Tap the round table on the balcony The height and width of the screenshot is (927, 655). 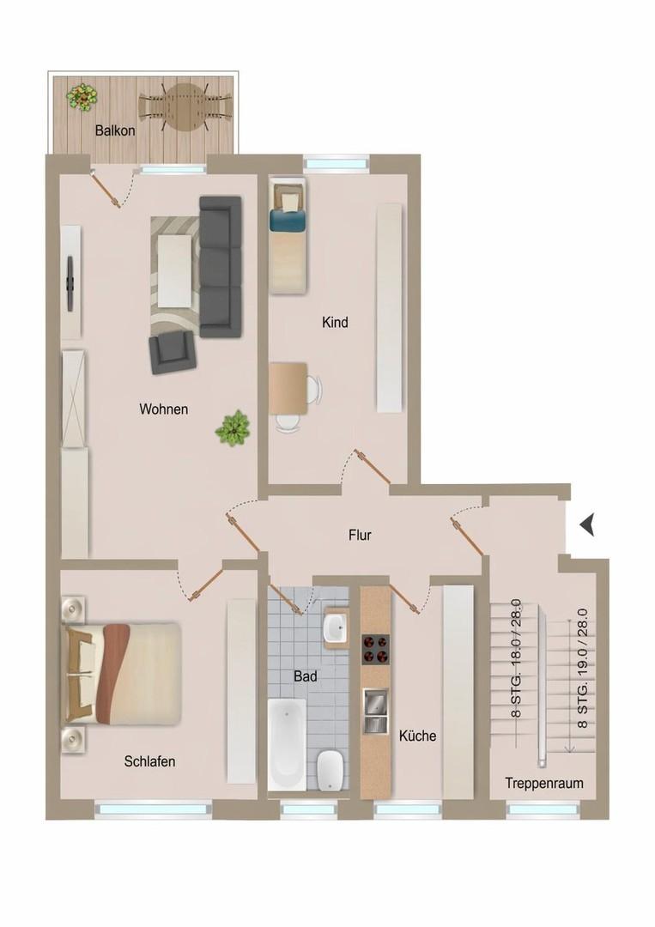[186, 106]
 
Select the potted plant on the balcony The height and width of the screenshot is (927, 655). [82, 96]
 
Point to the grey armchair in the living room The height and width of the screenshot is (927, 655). [172, 352]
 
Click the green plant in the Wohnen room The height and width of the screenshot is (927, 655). [233, 427]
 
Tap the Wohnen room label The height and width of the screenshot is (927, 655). [163, 409]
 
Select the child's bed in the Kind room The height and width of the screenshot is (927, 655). [288, 233]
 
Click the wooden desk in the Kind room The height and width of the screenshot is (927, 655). [288, 385]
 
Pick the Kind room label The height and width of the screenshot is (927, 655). [335, 324]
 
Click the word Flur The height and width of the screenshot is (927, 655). [360, 536]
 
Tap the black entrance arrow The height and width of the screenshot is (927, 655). [587, 524]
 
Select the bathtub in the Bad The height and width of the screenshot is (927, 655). [287, 743]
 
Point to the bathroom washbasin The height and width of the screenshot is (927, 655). [335, 629]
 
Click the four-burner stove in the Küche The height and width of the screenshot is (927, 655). [375, 650]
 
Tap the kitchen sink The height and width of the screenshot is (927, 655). [375, 712]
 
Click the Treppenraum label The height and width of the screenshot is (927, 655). [544, 784]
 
